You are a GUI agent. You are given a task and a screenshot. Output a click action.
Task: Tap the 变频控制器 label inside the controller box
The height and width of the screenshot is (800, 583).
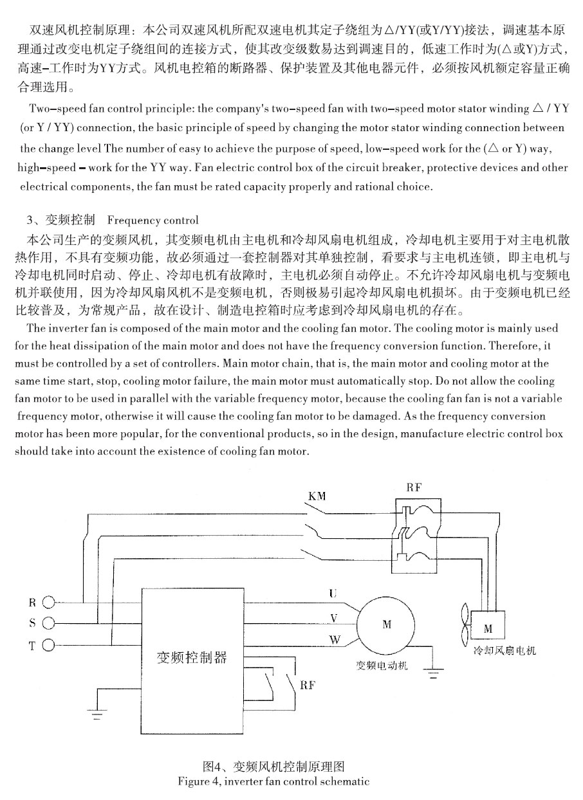tap(192, 658)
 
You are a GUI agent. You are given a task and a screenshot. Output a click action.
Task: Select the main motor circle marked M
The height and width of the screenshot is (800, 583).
tap(387, 624)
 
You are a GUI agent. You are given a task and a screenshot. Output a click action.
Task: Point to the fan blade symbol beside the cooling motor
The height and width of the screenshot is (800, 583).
tap(463, 624)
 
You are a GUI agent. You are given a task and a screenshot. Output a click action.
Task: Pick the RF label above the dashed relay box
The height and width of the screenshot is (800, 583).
tap(414, 488)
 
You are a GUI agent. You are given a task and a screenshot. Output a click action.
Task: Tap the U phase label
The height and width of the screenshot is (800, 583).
tap(333, 593)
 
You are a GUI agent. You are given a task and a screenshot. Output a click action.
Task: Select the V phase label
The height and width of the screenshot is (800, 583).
tap(333, 617)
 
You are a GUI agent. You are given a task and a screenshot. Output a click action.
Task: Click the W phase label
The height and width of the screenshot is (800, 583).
tap(334, 640)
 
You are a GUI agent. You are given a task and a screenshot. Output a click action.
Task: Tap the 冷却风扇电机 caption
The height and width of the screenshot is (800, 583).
tap(504, 651)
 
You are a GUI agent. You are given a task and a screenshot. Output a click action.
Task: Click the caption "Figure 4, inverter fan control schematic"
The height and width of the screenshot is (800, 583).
tap(274, 782)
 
